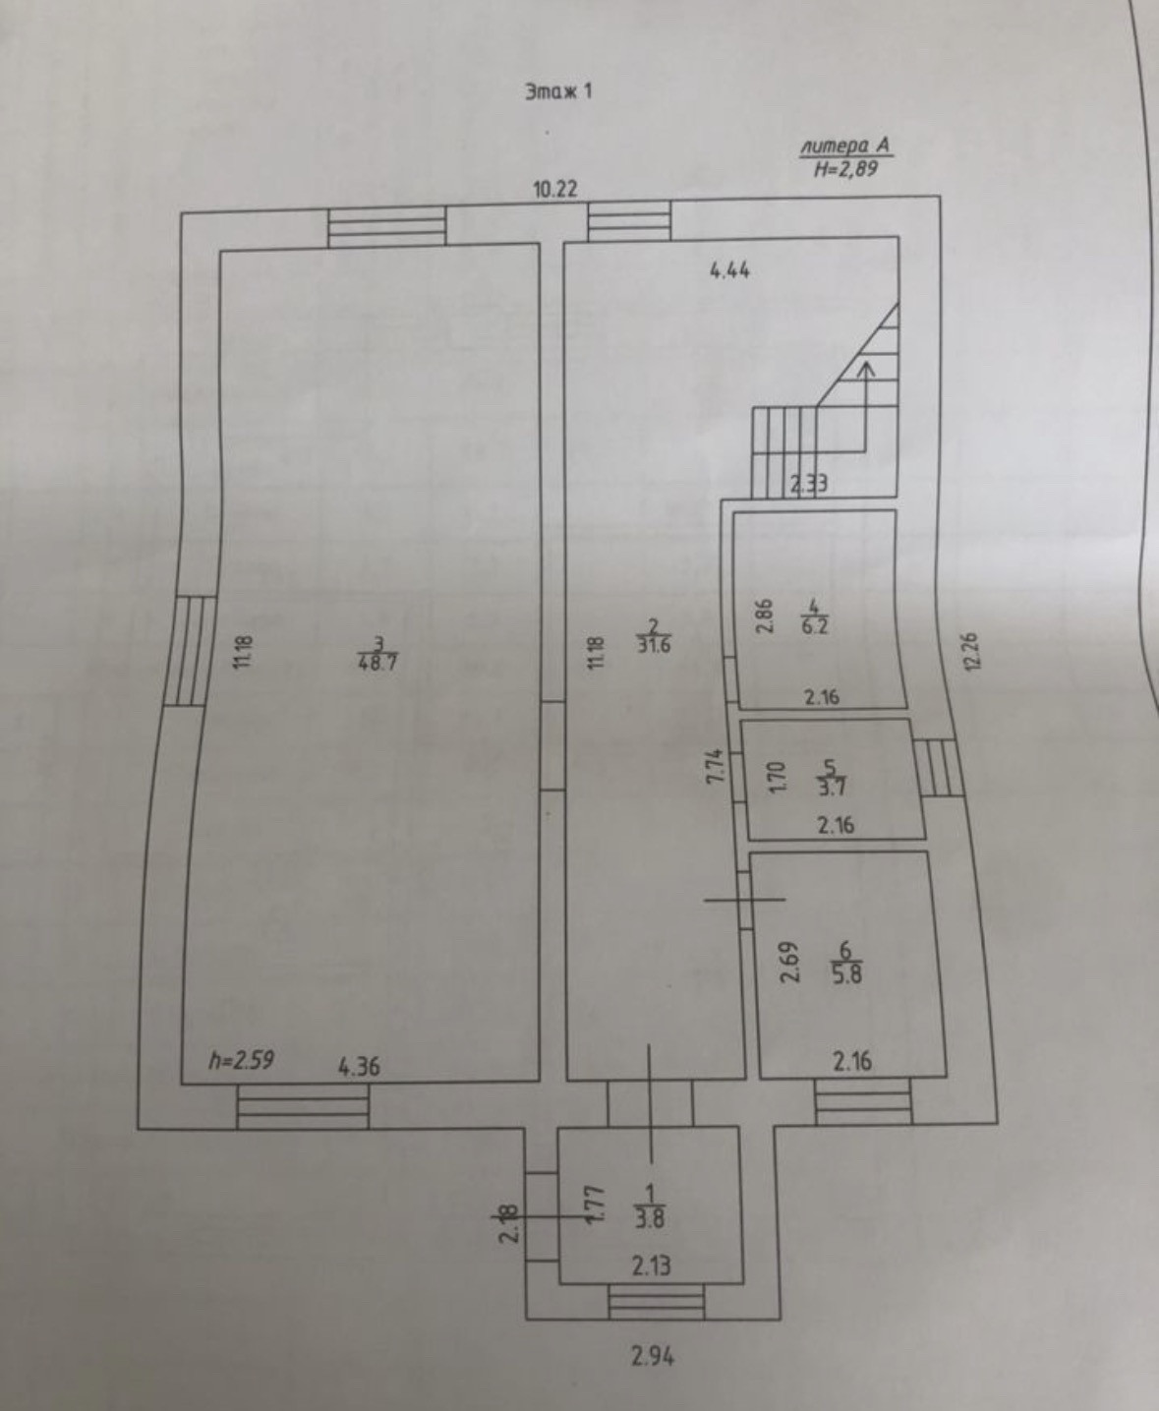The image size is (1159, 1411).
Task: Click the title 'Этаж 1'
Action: click(x=557, y=91)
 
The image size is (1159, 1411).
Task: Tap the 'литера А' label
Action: click(x=845, y=147)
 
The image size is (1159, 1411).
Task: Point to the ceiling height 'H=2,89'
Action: click(x=845, y=168)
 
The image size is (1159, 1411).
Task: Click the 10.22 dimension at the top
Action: click(x=554, y=190)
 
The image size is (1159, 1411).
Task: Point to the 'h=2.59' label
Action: click(x=241, y=1060)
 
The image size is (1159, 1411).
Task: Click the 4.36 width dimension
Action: click(x=359, y=1067)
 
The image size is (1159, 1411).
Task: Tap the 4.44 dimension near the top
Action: click(x=729, y=270)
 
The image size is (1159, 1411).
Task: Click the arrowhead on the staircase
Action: click(x=866, y=369)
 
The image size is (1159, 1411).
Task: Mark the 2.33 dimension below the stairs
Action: click(x=809, y=483)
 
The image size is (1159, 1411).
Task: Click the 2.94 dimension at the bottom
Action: click(x=654, y=1357)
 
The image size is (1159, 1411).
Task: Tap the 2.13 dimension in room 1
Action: click(x=652, y=1265)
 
